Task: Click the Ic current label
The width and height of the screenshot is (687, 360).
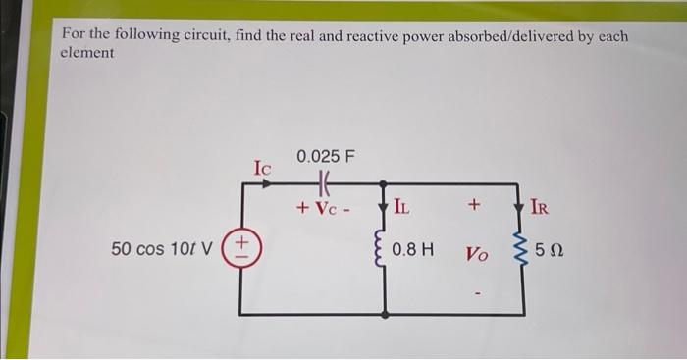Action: click(x=263, y=167)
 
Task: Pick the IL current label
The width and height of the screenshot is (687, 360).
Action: click(x=402, y=207)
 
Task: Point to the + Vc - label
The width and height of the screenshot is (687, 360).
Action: click(x=327, y=208)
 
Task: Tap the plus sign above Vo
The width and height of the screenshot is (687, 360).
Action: click(x=474, y=207)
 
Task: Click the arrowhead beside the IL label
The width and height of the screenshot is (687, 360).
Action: click(x=385, y=206)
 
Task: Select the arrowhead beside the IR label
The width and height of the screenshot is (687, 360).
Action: click(x=517, y=206)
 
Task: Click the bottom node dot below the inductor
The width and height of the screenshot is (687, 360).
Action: click(x=385, y=316)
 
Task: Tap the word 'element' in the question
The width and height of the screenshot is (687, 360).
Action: click(x=87, y=53)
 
